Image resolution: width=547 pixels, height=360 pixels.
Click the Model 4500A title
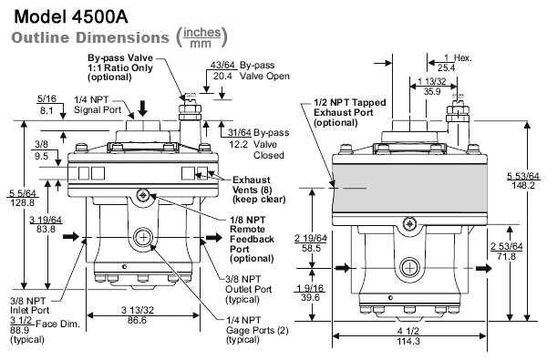point(71,16)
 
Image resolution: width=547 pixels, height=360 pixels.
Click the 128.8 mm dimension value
point(23,202)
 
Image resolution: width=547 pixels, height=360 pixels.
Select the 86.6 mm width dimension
point(137,320)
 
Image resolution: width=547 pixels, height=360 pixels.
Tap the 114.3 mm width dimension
point(408,341)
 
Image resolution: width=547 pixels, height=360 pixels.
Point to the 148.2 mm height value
point(523,185)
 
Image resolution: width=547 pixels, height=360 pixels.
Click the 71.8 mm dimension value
point(507,256)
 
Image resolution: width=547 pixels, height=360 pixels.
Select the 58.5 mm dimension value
point(311,249)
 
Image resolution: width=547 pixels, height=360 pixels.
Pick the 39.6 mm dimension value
point(310,297)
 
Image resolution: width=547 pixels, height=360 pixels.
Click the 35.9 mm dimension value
point(432,91)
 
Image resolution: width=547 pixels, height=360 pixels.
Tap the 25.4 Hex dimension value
point(446,67)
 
